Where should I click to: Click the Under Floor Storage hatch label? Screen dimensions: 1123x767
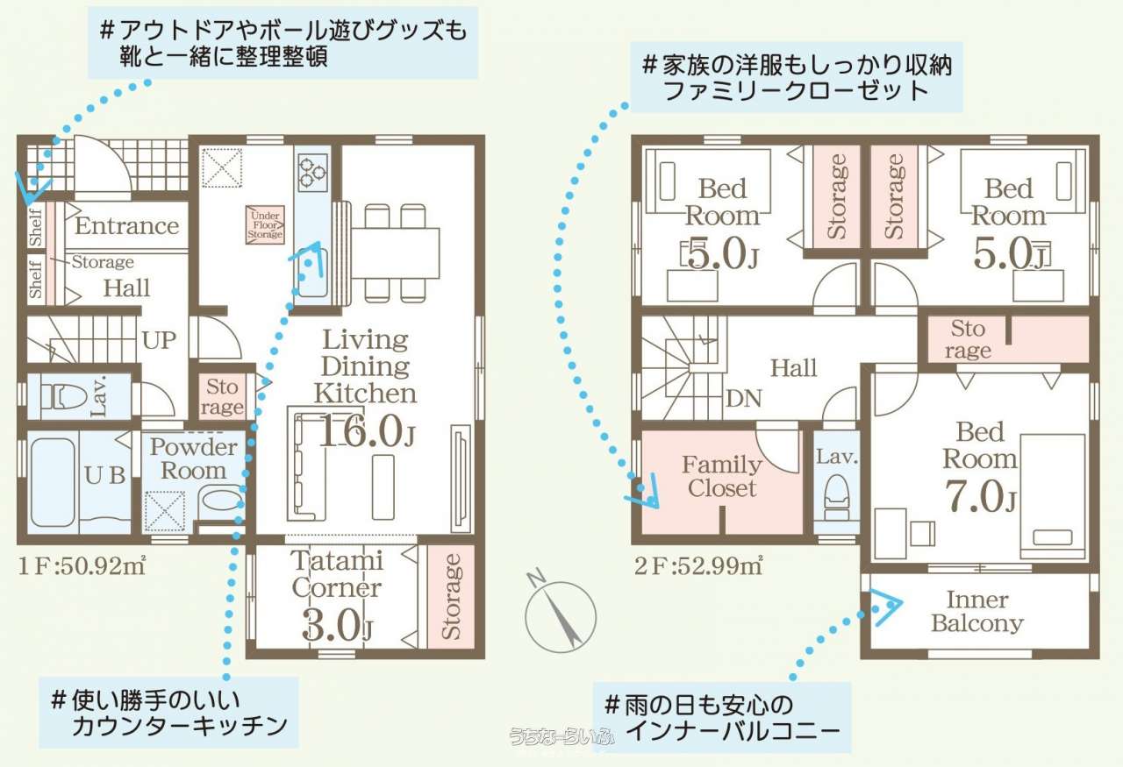[x=265, y=225]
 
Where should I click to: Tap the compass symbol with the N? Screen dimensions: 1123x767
[x=560, y=613]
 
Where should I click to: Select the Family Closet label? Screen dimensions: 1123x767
[x=722, y=476]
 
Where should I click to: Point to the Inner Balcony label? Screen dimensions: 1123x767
[x=977, y=611]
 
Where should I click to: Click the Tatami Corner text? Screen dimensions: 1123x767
[x=337, y=574]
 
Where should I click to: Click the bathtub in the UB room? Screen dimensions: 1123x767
[x=53, y=482]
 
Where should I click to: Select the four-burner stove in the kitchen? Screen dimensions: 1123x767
[x=313, y=173]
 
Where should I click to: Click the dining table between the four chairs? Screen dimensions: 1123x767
[x=395, y=253]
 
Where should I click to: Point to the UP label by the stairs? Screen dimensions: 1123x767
[x=159, y=340]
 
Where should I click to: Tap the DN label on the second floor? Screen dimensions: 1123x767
[x=743, y=399]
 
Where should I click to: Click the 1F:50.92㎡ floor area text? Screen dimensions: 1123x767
[x=82, y=565]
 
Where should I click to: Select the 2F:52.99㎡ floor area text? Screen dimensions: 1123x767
[x=698, y=565]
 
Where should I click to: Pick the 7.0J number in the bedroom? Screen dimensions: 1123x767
[x=981, y=496]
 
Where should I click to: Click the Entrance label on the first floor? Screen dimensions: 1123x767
[x=127, y=225]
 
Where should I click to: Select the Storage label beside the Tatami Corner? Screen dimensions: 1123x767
[x=451, y=596]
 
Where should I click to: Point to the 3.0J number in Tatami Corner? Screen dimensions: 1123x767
[x=337, y=624]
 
